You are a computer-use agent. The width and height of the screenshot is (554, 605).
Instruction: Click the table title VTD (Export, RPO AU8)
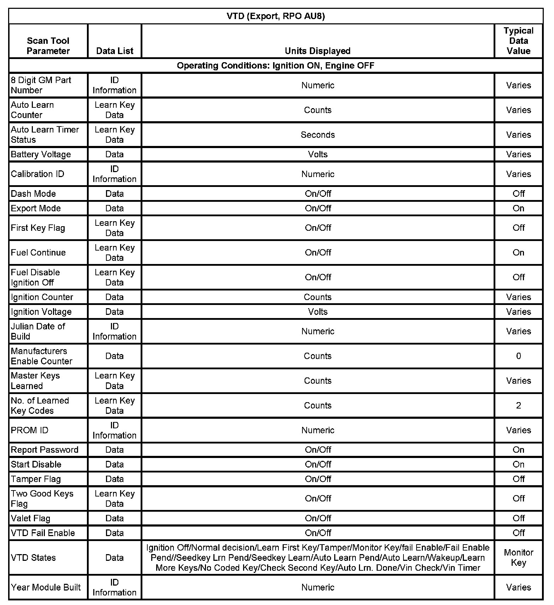point(276,16)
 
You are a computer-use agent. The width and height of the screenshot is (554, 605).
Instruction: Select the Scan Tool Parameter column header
point(48,46)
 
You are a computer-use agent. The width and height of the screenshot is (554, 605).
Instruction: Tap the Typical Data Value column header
point(518,41)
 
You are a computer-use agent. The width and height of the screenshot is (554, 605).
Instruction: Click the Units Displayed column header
point(317,51)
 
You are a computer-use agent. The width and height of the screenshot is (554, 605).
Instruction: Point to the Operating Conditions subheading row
point(276,66)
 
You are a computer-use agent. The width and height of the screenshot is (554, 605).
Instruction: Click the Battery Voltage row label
point(41,154)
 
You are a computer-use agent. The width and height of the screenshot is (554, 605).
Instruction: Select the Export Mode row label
point(36,208)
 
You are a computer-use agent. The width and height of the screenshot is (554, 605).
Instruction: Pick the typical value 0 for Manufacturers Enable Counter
point(518,356)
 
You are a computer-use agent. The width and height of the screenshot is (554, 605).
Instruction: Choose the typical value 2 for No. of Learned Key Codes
point(518,406)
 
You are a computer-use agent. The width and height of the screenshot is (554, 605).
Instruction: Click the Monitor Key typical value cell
point(518,558)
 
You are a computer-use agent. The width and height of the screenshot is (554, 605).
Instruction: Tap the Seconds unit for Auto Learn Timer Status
point(318,135)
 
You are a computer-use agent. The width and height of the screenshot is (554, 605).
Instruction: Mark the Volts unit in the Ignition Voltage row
point(318,312)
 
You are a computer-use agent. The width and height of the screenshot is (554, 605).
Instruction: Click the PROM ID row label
point(30,430)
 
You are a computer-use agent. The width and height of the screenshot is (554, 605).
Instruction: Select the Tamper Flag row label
point(36,479)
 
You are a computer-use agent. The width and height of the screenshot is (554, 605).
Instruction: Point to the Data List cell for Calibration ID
point(114,174)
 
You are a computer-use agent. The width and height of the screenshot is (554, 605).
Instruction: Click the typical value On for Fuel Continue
point(518,253)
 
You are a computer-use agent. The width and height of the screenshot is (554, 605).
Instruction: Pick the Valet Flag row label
point(31,518)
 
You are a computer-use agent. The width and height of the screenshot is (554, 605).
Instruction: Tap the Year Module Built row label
point(46,587)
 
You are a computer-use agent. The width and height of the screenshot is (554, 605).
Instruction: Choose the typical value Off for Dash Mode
point(518,194)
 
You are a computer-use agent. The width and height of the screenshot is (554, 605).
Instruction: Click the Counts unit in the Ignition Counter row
point(318,297)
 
